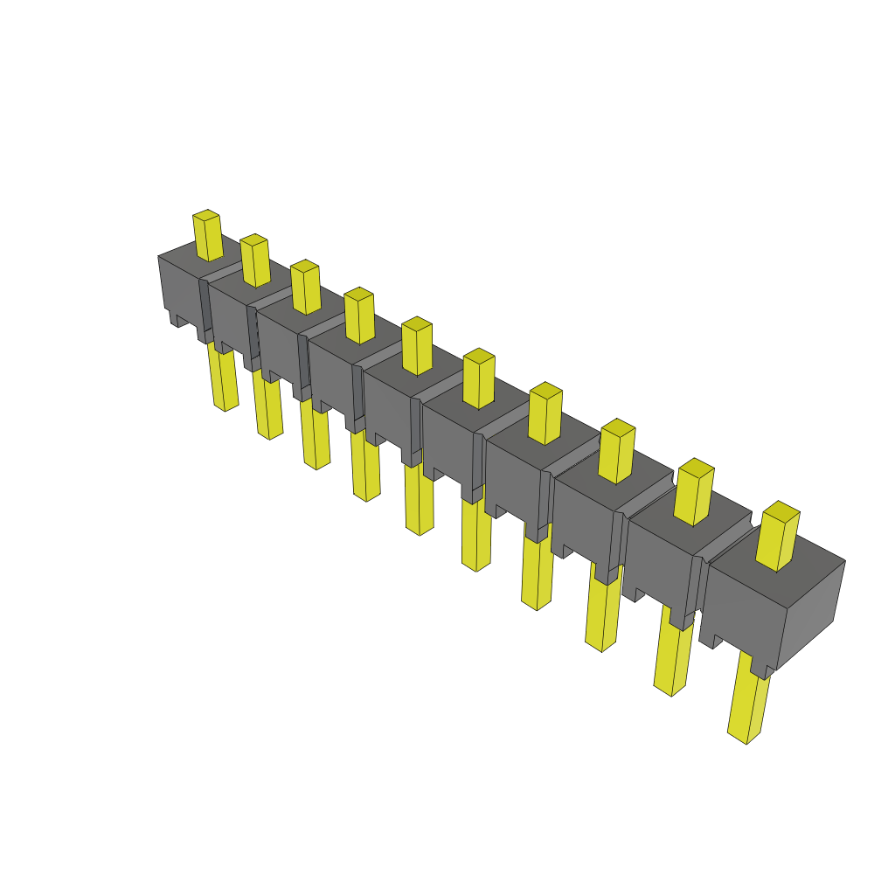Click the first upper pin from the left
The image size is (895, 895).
207,236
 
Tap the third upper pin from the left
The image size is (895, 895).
305,288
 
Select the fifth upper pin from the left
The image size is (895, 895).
417,347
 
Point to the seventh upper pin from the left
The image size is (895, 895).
545,414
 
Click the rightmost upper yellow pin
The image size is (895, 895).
777,538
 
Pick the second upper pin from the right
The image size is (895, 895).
695,494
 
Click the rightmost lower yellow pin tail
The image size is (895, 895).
748,699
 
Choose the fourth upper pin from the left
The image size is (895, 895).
359,316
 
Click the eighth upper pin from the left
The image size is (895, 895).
617,452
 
